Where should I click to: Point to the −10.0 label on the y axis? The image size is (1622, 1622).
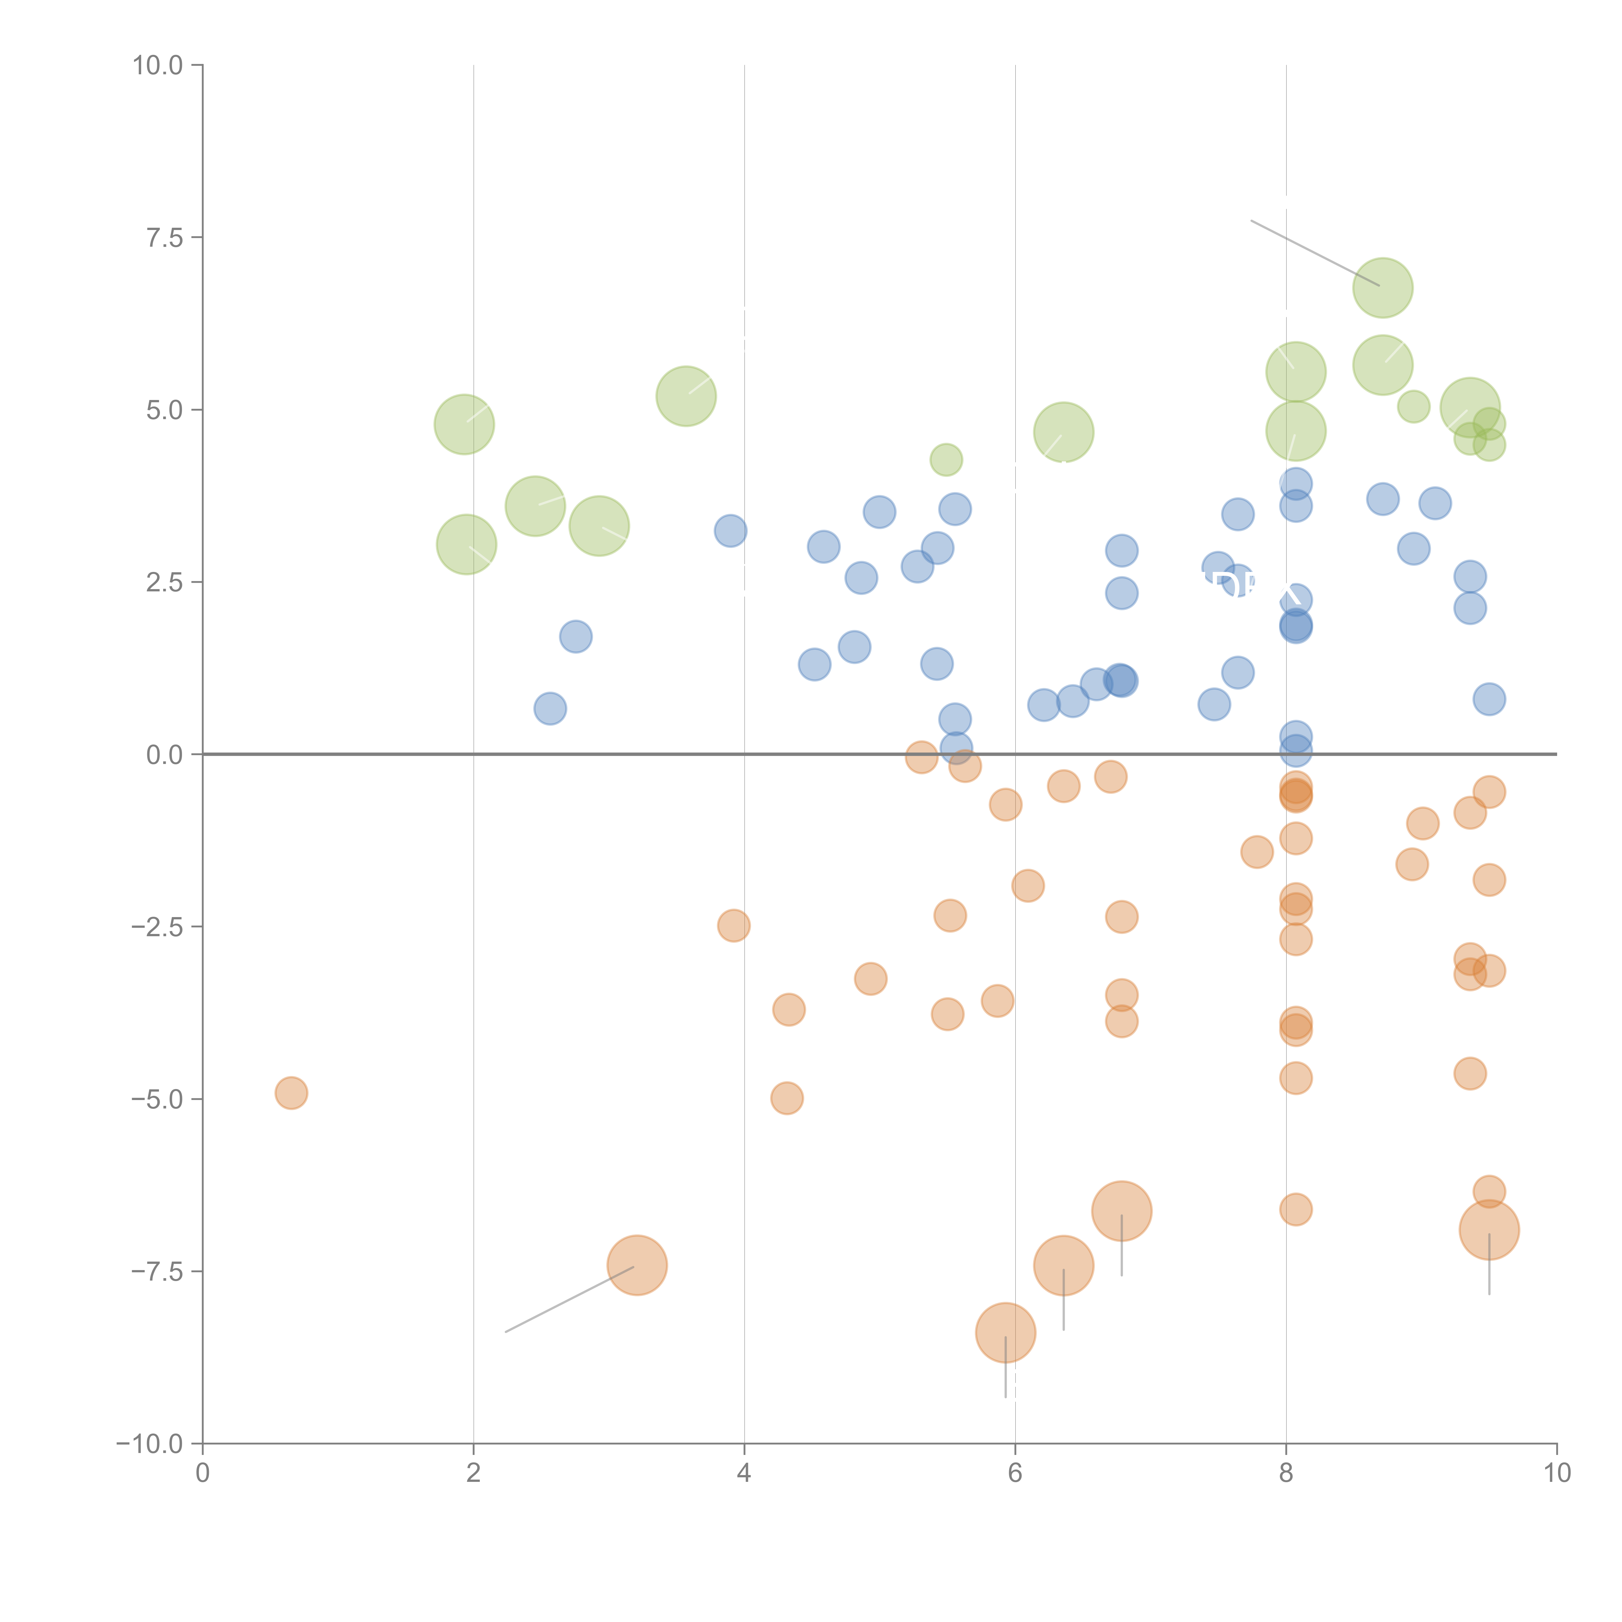tap(150, 1444)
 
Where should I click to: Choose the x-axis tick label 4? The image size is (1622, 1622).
tap(744, 1473)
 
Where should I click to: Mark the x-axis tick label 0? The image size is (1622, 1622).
tap(202, 1473)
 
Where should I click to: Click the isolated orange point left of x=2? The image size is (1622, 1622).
tap(291, 1093)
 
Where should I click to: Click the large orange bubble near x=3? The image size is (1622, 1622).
tap(637, 1265)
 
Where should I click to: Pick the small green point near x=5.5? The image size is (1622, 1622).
tap(946, 459)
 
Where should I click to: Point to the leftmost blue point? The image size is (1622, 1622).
tap(550, 708)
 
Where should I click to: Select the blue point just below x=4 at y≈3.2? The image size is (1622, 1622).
tap(731, 531)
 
